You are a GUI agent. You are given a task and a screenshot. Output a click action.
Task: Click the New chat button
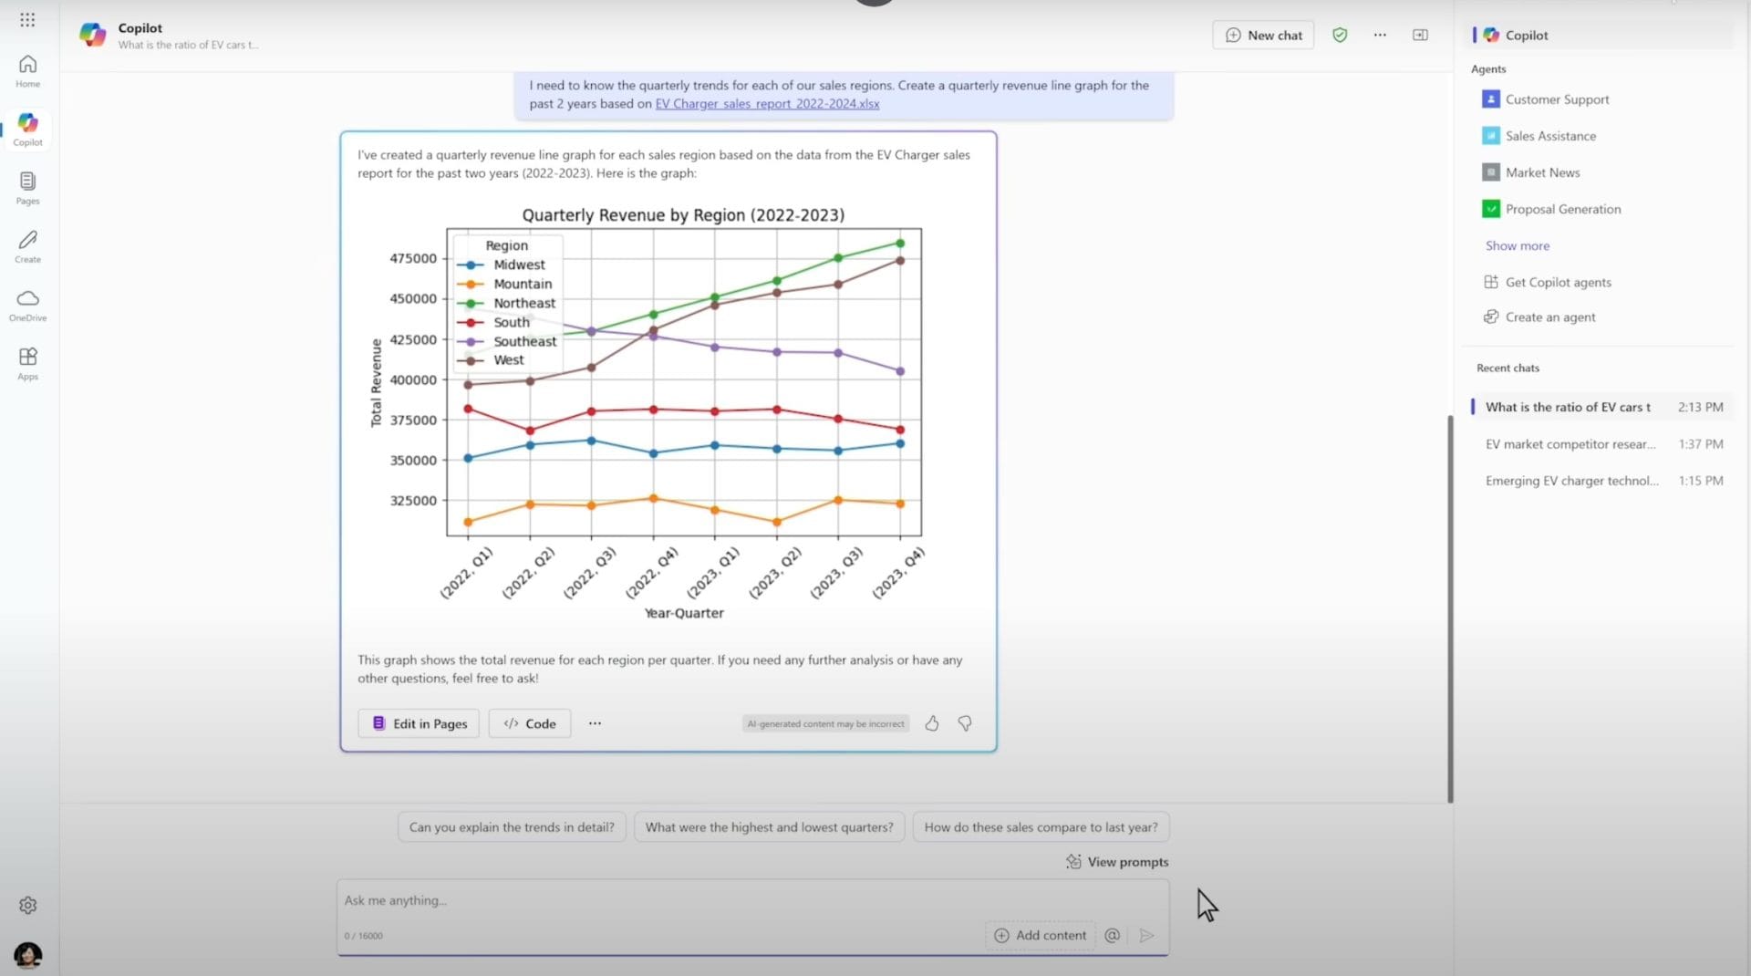(x=1263, y=36)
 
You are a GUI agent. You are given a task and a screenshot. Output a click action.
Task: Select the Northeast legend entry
(x=523, y=303)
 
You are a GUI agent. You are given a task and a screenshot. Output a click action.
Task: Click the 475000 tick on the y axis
(x=413, y=258)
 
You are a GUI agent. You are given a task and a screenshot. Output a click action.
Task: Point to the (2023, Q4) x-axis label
(x=898, y=573)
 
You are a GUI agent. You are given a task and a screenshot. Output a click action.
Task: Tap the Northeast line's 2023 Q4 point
(x=900, y=244)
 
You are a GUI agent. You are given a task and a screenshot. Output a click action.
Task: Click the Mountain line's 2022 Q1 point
(x=468, y=523)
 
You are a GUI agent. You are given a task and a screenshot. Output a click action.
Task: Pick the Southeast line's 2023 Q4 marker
(x=900, y=371)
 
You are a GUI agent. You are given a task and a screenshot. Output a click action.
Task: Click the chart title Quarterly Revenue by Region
(x=683, y=215)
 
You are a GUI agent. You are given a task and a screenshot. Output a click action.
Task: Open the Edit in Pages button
(x=419, y=723)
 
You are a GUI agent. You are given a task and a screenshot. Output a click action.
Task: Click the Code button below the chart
(x=530, y=723)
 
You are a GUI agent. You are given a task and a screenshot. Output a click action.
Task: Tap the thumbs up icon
(x=931, y=723)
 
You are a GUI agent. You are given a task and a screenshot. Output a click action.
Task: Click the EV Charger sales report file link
(x=767, y=104)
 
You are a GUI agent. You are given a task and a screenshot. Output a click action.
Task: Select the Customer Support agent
(x=1556, y=99)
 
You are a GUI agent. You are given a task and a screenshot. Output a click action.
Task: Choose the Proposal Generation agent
(x=1562, y=209)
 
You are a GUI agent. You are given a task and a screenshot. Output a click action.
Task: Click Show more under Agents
(x=1517, y=245)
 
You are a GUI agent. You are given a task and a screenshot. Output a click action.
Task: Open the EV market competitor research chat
(x=1570, y=444)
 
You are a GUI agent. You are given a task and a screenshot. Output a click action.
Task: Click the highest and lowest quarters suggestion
(x=769, y=827)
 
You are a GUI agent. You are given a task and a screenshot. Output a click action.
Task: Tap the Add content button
(x=1041, y=935)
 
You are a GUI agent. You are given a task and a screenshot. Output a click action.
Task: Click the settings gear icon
(x=28, y=906)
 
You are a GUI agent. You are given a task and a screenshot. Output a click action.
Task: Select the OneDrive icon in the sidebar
(x=28, y=305)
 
